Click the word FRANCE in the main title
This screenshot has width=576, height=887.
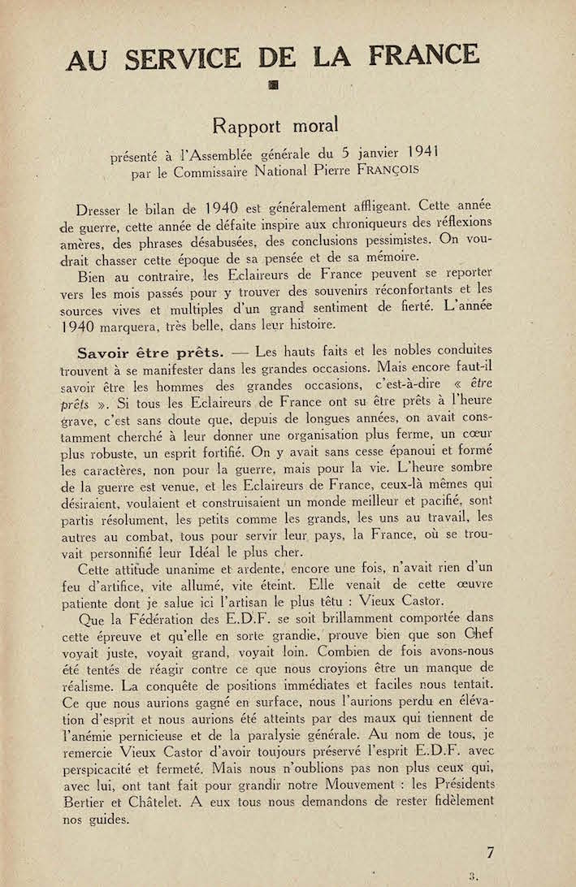423,54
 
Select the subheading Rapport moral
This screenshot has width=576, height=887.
275,126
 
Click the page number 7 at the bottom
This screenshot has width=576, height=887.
490,853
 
